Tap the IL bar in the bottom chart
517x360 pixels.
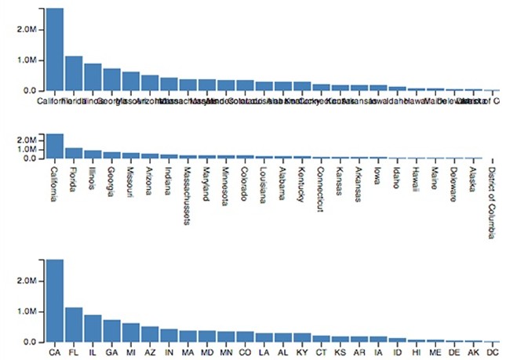[x=93, y=329]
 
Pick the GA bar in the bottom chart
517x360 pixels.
[x=111, y=331]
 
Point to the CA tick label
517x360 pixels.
[x=54, y=352]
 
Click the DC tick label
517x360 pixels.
[x=492, y=352]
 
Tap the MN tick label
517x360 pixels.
[x=226, y=352]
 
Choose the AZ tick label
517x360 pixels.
[x=150, y=352]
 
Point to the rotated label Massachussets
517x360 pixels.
[x=188, y=195]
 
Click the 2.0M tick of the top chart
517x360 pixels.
[x=28, y=29]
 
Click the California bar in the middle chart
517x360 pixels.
[x=54, y=147]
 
